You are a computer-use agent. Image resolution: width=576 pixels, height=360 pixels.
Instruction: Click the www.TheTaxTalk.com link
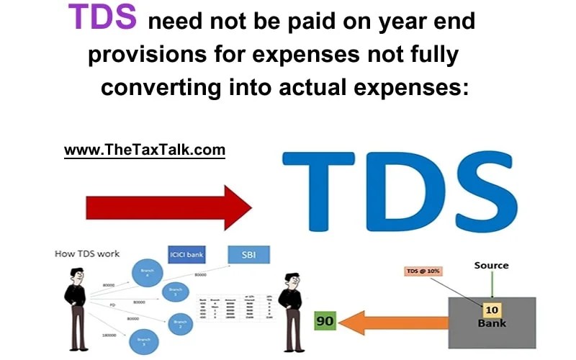(x=145, y=150)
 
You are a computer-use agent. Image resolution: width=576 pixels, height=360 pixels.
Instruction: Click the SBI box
(x=248, y=254)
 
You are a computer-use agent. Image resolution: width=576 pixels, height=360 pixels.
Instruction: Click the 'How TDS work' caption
(x=87, y=254)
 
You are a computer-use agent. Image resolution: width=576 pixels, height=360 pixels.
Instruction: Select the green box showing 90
(x=325, y=321)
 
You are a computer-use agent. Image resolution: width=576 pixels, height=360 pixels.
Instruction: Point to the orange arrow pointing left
(x=393, y=321)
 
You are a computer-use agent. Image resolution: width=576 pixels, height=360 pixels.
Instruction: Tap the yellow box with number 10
(x=491, y=310)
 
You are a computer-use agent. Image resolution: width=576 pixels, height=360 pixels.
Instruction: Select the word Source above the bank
(x=491, y=265)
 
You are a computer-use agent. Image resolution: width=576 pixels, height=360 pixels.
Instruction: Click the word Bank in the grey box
(x=491, y=323)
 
